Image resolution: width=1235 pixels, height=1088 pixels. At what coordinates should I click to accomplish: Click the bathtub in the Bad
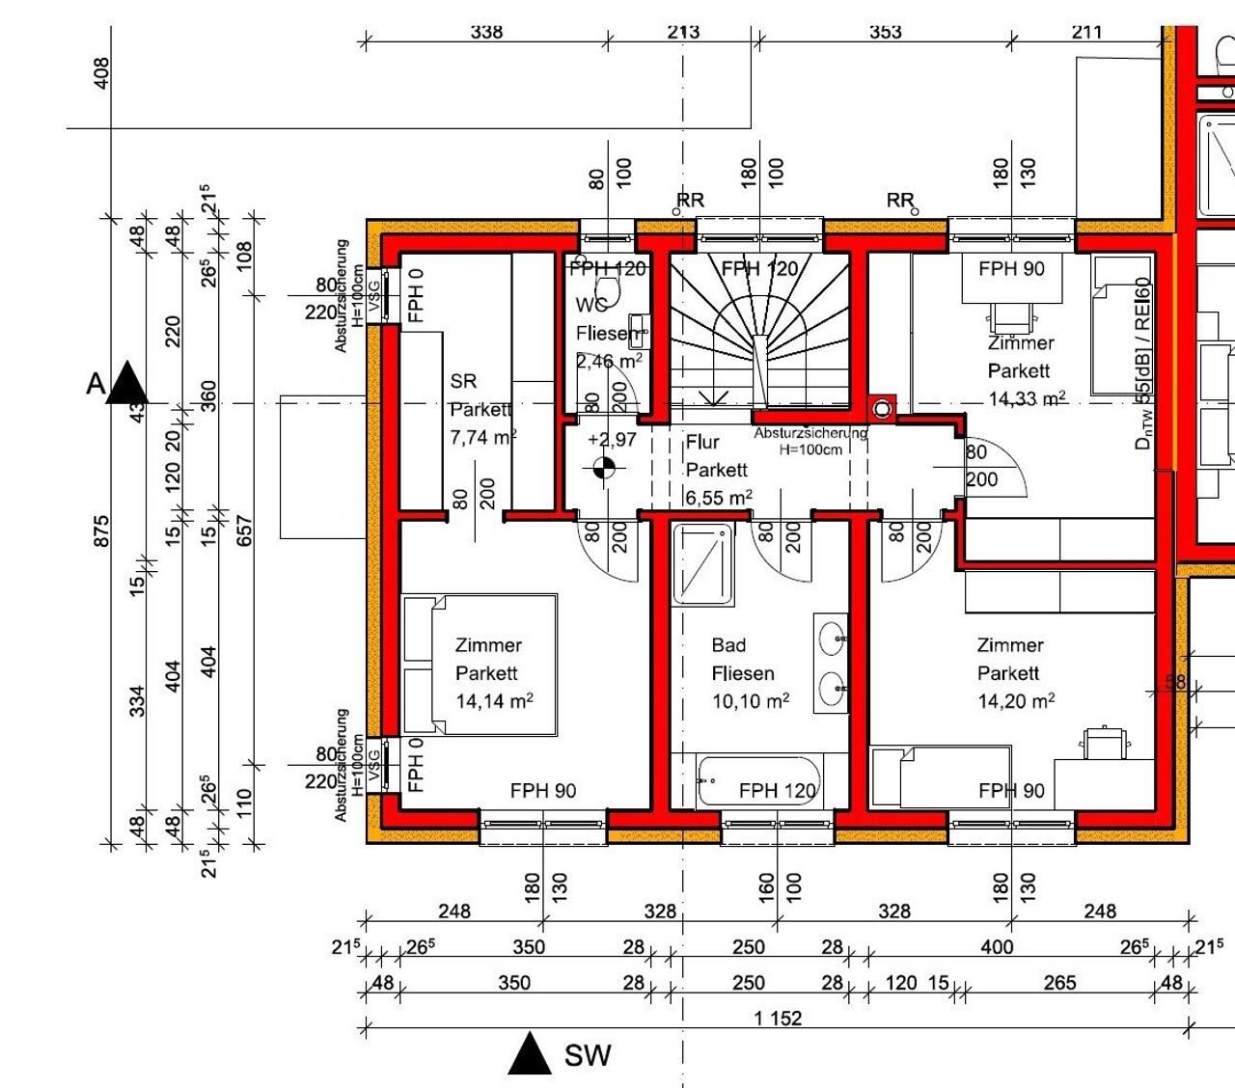point(758,781)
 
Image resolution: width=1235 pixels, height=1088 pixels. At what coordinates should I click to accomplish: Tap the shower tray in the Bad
point(702,564)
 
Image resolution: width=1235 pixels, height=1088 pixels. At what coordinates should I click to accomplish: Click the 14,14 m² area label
point(494,701)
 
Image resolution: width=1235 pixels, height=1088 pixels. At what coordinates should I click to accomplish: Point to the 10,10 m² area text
point(751,701)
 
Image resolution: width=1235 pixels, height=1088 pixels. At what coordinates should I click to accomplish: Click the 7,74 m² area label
point(483,437)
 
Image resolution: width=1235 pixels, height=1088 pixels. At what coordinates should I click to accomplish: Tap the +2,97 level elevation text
point(612,440)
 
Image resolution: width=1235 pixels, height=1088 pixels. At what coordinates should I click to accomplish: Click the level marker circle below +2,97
point(604,469)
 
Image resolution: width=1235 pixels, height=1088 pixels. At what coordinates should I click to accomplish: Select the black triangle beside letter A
point(127,383)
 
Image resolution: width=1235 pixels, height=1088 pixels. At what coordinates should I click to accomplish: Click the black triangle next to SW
point(529,1054)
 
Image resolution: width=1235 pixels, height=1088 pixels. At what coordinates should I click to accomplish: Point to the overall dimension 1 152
point(778,1019)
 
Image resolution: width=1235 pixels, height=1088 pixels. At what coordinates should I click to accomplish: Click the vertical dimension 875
point(101,531)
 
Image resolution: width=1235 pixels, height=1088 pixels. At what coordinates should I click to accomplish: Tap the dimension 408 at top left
point(101,73)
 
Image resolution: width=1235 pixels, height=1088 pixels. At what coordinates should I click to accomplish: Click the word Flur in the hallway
point(702,442)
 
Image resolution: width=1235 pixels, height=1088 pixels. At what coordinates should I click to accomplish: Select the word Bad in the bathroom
point(728,645)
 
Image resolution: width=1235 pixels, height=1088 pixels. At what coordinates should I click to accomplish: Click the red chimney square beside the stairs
point(882,408)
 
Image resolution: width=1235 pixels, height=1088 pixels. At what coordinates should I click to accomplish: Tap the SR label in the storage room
point(463,381)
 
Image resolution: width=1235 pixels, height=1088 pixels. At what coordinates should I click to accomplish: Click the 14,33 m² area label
point(1027,398)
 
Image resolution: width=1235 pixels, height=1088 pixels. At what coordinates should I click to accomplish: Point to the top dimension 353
point(885,32)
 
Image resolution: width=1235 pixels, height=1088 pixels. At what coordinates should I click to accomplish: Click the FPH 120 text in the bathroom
point(777,791)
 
